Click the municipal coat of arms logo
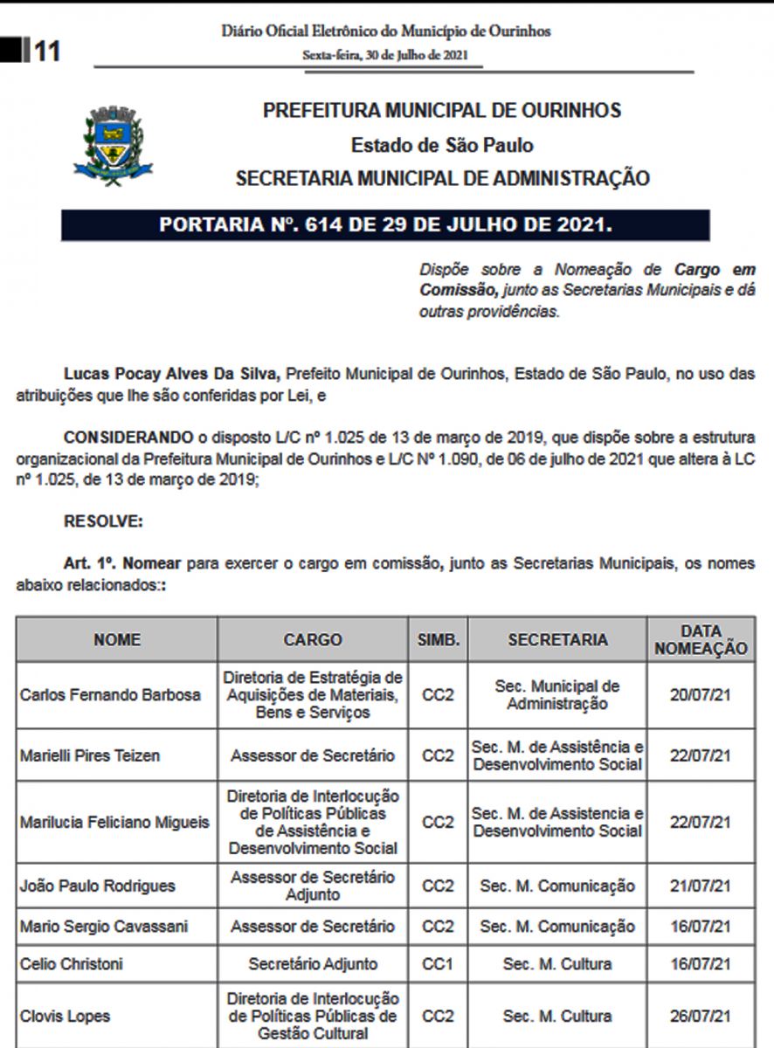click(113, 145)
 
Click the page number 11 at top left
click(46, 52)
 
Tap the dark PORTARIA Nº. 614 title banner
click(385, 224)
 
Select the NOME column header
click(117, 639)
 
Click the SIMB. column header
click(438, 639)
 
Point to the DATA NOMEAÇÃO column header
click(701, 639)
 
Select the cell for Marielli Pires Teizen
click(90, 755)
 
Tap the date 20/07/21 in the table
click(701, 695)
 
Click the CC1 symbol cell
click(438, 964)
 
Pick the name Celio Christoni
click(72, 964)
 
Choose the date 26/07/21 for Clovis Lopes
click(701, 1016)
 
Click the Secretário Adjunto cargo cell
click(313, 964)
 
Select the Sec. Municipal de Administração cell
click(557, 695)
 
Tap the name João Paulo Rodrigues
click(97, 886)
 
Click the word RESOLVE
click(103, 522)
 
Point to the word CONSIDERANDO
click(128, 437)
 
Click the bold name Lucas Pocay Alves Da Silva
click(171, 374)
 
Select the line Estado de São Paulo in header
click(442, 145)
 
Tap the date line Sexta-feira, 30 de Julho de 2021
click(386, 54)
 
